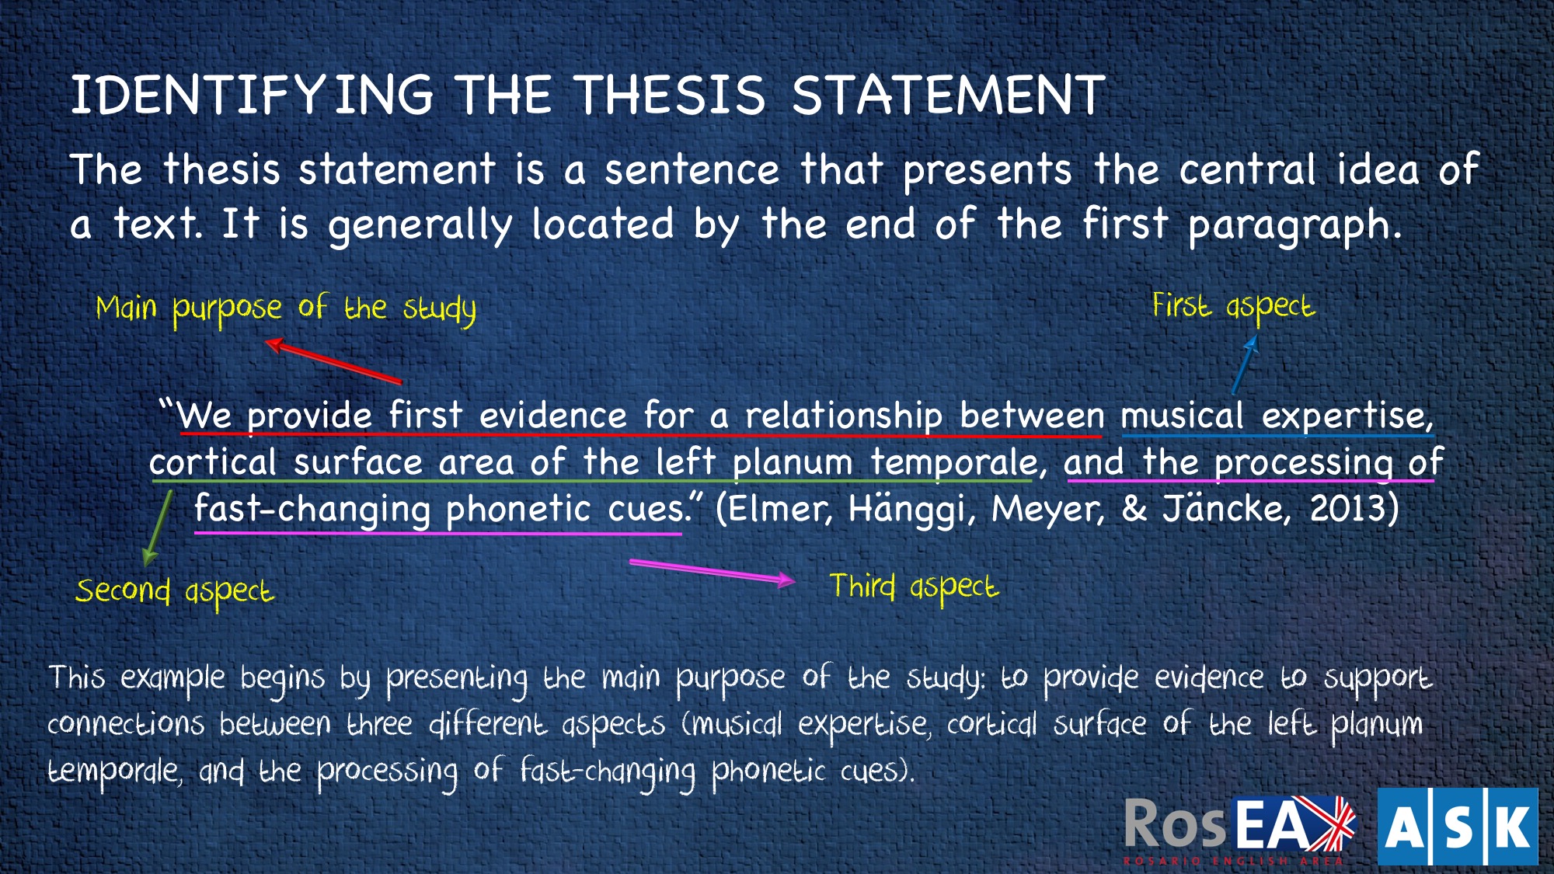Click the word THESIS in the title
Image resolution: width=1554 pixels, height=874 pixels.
(x=671, y=96)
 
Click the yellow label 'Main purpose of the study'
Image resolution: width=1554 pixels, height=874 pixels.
(x=286, y=309)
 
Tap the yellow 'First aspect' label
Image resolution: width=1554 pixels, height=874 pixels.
(x=1233, y=306)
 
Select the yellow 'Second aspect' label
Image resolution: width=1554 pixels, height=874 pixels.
(x=175, y=592)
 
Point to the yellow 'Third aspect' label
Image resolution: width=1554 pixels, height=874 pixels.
(x=915, y=587)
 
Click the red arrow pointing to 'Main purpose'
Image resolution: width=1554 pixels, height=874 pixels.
(x=333, y=360)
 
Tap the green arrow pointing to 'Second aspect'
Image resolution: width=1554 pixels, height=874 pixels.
(x=157, y=528)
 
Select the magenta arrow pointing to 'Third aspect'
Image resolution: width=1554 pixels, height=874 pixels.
(x=713, y=571)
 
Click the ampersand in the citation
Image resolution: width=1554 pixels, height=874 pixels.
(x=1134, y=509)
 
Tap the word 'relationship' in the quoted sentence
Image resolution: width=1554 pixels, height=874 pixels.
(x=844, y=416)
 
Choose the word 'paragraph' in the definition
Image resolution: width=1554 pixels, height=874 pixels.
(x=1294, y=225)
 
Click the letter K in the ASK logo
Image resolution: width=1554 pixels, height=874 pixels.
(x=1511, y=827)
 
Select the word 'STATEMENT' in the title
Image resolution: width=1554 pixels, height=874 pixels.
(x=948, y=96)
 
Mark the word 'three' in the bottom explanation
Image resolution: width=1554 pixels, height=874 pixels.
(x=379, y=724)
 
